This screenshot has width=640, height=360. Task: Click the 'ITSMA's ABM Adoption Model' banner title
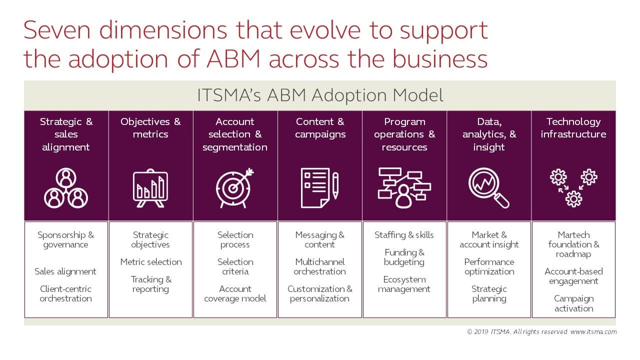(x=320, y=95)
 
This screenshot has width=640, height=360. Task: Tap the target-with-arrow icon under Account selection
(x=234, y=188)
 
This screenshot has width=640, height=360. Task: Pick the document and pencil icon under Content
(x=319, y=188)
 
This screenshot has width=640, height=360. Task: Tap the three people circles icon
(x=66, y=188)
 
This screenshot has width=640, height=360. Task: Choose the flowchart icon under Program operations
(x=404, y=188)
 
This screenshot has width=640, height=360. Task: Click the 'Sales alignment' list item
(x=65, y=271)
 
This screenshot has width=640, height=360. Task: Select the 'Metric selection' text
(x=151, y=262)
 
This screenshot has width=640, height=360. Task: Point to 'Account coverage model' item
(x=235, y=293)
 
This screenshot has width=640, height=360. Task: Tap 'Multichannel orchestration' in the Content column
(x=319, y=266)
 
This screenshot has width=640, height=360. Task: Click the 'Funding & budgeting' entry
(x=404, y=257)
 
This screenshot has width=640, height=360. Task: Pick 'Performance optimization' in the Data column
(x=489, y=266)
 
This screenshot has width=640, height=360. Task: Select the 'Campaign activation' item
(x=573, y=303)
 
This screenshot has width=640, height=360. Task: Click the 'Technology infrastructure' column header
(x=573, y=128)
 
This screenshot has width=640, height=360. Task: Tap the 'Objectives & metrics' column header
(x=150, y=128)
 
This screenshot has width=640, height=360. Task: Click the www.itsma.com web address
(x=593, y=331)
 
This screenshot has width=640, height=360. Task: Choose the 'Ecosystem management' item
(x=404, y=284)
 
